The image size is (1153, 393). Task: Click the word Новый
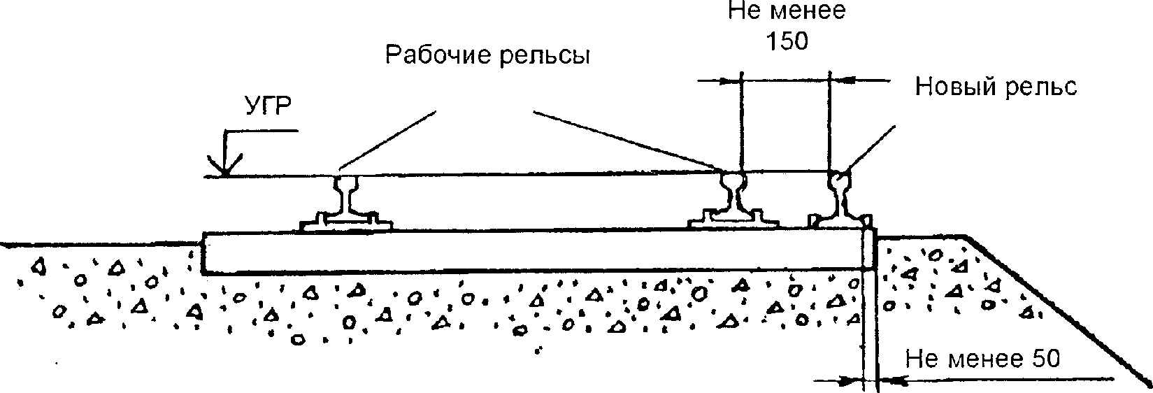(x=954, y=87)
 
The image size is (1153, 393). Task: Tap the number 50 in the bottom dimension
(x=1046, y=359)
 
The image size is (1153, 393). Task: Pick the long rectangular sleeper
(x=531, y=250)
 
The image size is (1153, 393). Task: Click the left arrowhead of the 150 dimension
(x=733, y=81)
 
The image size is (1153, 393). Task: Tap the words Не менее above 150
(x=787, y=12)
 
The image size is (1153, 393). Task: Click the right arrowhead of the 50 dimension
(x=887, y=380)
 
